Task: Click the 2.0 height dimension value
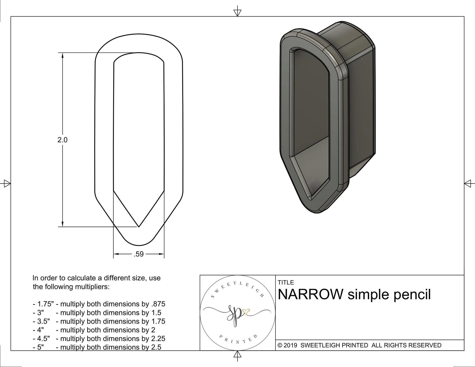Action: point(62,140)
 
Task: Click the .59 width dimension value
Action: point(139,254)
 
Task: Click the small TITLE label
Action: point(286,282)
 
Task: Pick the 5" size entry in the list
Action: point(40,347)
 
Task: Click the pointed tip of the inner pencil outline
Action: point(139,227)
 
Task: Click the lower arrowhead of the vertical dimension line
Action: point(62,224)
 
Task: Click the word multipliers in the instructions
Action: point(93,287)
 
